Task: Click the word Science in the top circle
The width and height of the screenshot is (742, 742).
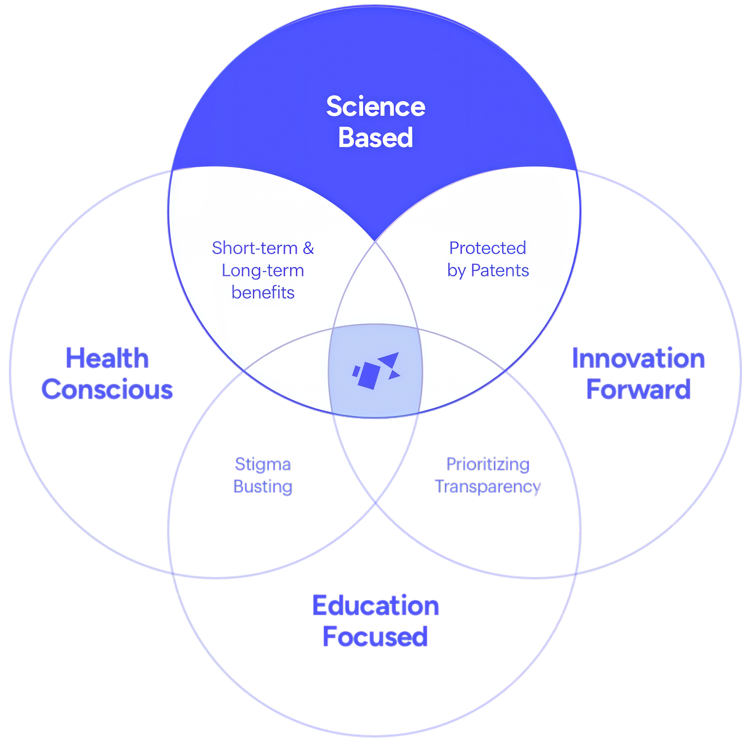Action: pos(375,107)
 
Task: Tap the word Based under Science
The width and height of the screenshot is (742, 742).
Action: pos(375,138)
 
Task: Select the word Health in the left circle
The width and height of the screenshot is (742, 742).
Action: pos(107,358)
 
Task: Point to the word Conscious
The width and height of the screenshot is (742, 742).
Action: pos(107,389)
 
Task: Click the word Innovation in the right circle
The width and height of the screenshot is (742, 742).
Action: pos(638,358)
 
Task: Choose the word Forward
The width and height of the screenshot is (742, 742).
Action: pos(638,389)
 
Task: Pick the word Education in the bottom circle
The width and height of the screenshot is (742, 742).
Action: pos(375,606)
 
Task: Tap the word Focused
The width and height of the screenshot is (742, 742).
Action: pos(375,637)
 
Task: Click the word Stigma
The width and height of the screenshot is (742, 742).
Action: pos(263,464)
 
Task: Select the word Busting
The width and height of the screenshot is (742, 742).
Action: pos(263,487)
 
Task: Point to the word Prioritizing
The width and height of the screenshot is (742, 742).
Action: pos(488,464)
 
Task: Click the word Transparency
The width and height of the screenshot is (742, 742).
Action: pos(488,487)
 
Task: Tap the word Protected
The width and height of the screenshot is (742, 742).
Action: pos(487,248)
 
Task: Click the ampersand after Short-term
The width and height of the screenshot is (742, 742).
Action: pos(308,248)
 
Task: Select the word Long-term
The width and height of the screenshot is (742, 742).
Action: pos(263,271)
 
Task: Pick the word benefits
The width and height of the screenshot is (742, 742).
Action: pos(263,293)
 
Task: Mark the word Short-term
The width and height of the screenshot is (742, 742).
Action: pos(254,248)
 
